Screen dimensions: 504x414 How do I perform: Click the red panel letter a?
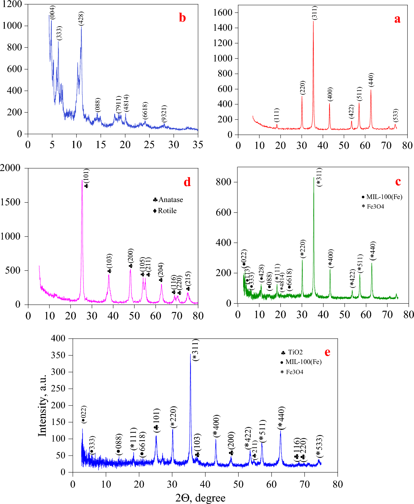[397, 19]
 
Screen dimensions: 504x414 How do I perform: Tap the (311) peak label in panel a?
[315, 13]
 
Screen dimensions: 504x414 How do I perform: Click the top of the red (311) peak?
[313, 21]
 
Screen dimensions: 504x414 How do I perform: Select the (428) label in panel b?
[81, 18]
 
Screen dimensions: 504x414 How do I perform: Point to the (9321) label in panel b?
[164, 114]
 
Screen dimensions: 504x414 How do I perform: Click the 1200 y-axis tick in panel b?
[12, 4]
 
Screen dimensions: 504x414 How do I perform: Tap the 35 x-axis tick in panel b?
[198, 145]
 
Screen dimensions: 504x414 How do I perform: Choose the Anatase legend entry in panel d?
[168, 200]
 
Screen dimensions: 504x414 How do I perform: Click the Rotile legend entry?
[165, 211]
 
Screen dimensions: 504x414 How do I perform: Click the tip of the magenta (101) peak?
[82, 180]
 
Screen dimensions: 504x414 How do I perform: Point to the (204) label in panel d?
[161, 270]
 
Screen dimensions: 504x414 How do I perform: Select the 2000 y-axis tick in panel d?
[10, 168]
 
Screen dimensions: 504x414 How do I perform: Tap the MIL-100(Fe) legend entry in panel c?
[382, 197]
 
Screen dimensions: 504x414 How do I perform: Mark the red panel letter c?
[398, 182]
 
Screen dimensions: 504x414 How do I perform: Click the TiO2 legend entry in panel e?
[292, 352]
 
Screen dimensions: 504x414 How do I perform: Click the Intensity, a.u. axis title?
[42, 406]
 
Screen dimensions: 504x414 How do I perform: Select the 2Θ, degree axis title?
[200, 498]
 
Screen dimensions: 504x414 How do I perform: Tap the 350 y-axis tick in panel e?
[58, 355]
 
